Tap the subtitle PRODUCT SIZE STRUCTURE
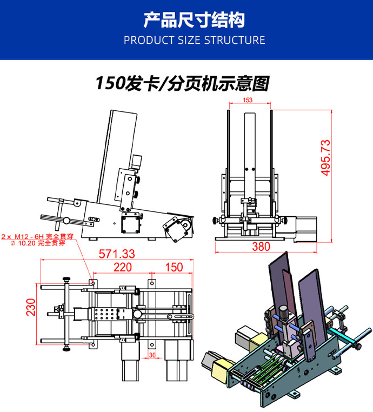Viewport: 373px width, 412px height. [x=194, y=40]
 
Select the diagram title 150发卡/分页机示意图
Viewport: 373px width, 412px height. [x=182, y=83]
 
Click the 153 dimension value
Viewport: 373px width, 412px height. [x=248, y=100]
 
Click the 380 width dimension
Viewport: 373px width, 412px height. [x=261, y=247]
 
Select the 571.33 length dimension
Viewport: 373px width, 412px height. [x=117, y=254]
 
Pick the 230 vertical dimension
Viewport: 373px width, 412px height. [x=31, y=309]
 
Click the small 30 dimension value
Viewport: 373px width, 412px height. [x=152, y=355]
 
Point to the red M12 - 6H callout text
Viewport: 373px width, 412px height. [x=34, y=237]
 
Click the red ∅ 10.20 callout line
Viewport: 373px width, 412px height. [x=34, y=243]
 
